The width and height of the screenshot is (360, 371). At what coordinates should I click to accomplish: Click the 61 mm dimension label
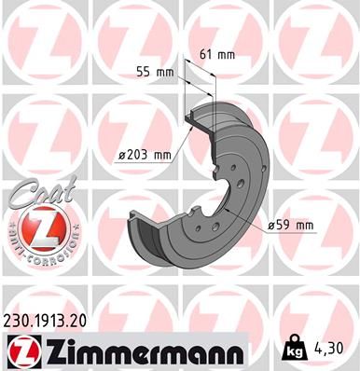tap(219, 54)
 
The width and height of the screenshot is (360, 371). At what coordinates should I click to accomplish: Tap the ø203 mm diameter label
tap(145, 156)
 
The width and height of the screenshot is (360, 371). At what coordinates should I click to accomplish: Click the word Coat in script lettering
tap(35, 192)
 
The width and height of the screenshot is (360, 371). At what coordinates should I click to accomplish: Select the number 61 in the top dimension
tap(209, 54)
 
